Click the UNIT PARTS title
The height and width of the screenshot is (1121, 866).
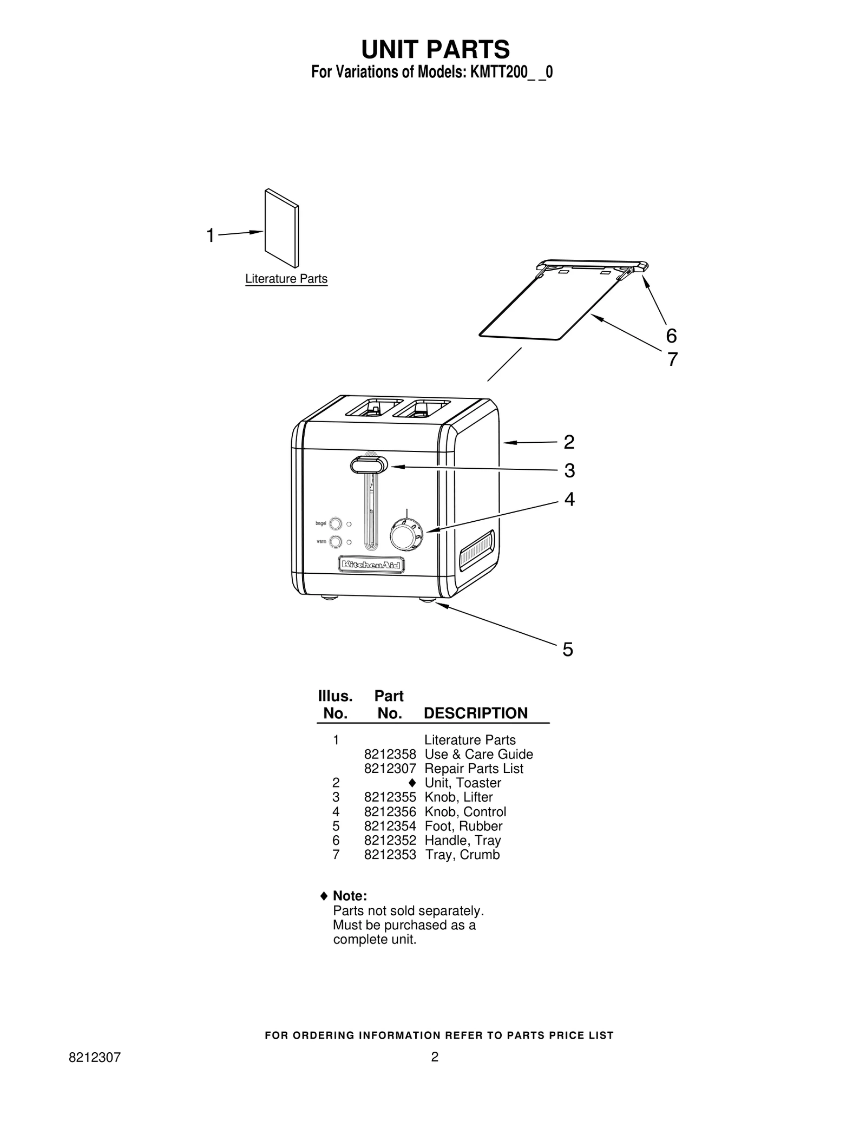(x=435, y=49)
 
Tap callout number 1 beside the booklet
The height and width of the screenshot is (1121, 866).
(x=211, y=236)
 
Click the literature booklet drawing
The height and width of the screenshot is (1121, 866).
(x=281, y=228)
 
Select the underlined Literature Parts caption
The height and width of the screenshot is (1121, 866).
(x=286, y=279)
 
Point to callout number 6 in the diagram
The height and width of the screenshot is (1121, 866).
(x=671, y=336)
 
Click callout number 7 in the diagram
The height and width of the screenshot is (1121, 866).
(x=672, y=359)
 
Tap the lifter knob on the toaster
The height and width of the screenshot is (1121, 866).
(x=369, y=465)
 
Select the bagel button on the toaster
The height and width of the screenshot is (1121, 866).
(x=336, y=524)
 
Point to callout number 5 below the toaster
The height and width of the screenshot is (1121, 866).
(x=567, y=650)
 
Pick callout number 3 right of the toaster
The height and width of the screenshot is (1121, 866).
(x=569, y=471)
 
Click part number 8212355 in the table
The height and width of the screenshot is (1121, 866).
(x=390, y=797)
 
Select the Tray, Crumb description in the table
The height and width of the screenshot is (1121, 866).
(x=462, y=855)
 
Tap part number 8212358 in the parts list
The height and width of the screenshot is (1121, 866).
(x=390, y=755)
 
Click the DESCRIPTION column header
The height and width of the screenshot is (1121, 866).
(x=476, y=713)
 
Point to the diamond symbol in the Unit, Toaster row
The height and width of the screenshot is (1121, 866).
(x=412, y=783)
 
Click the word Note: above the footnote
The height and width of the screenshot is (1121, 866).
(x=350, y=896)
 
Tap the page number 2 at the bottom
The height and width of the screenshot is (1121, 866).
(x=435, y=1057)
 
